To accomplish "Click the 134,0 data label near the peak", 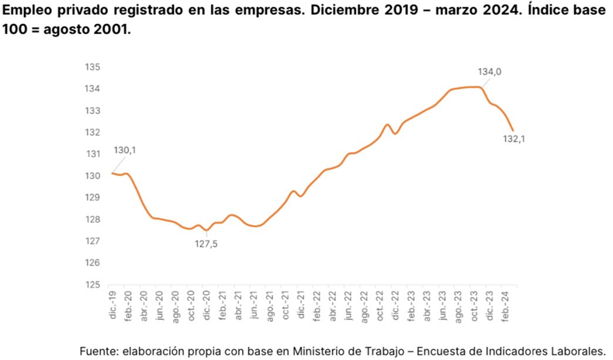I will click(490, 72).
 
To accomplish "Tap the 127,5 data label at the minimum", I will click(206, 245).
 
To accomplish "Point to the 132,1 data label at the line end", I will click(514, 139).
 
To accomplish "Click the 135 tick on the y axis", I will click(93, 67).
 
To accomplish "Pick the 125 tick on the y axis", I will click(93, 285).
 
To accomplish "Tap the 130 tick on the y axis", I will click(93, 176).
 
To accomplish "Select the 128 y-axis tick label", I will click(93, 220).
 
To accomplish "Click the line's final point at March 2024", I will click(513, 130).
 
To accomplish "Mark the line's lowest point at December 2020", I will click(206, 230).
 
